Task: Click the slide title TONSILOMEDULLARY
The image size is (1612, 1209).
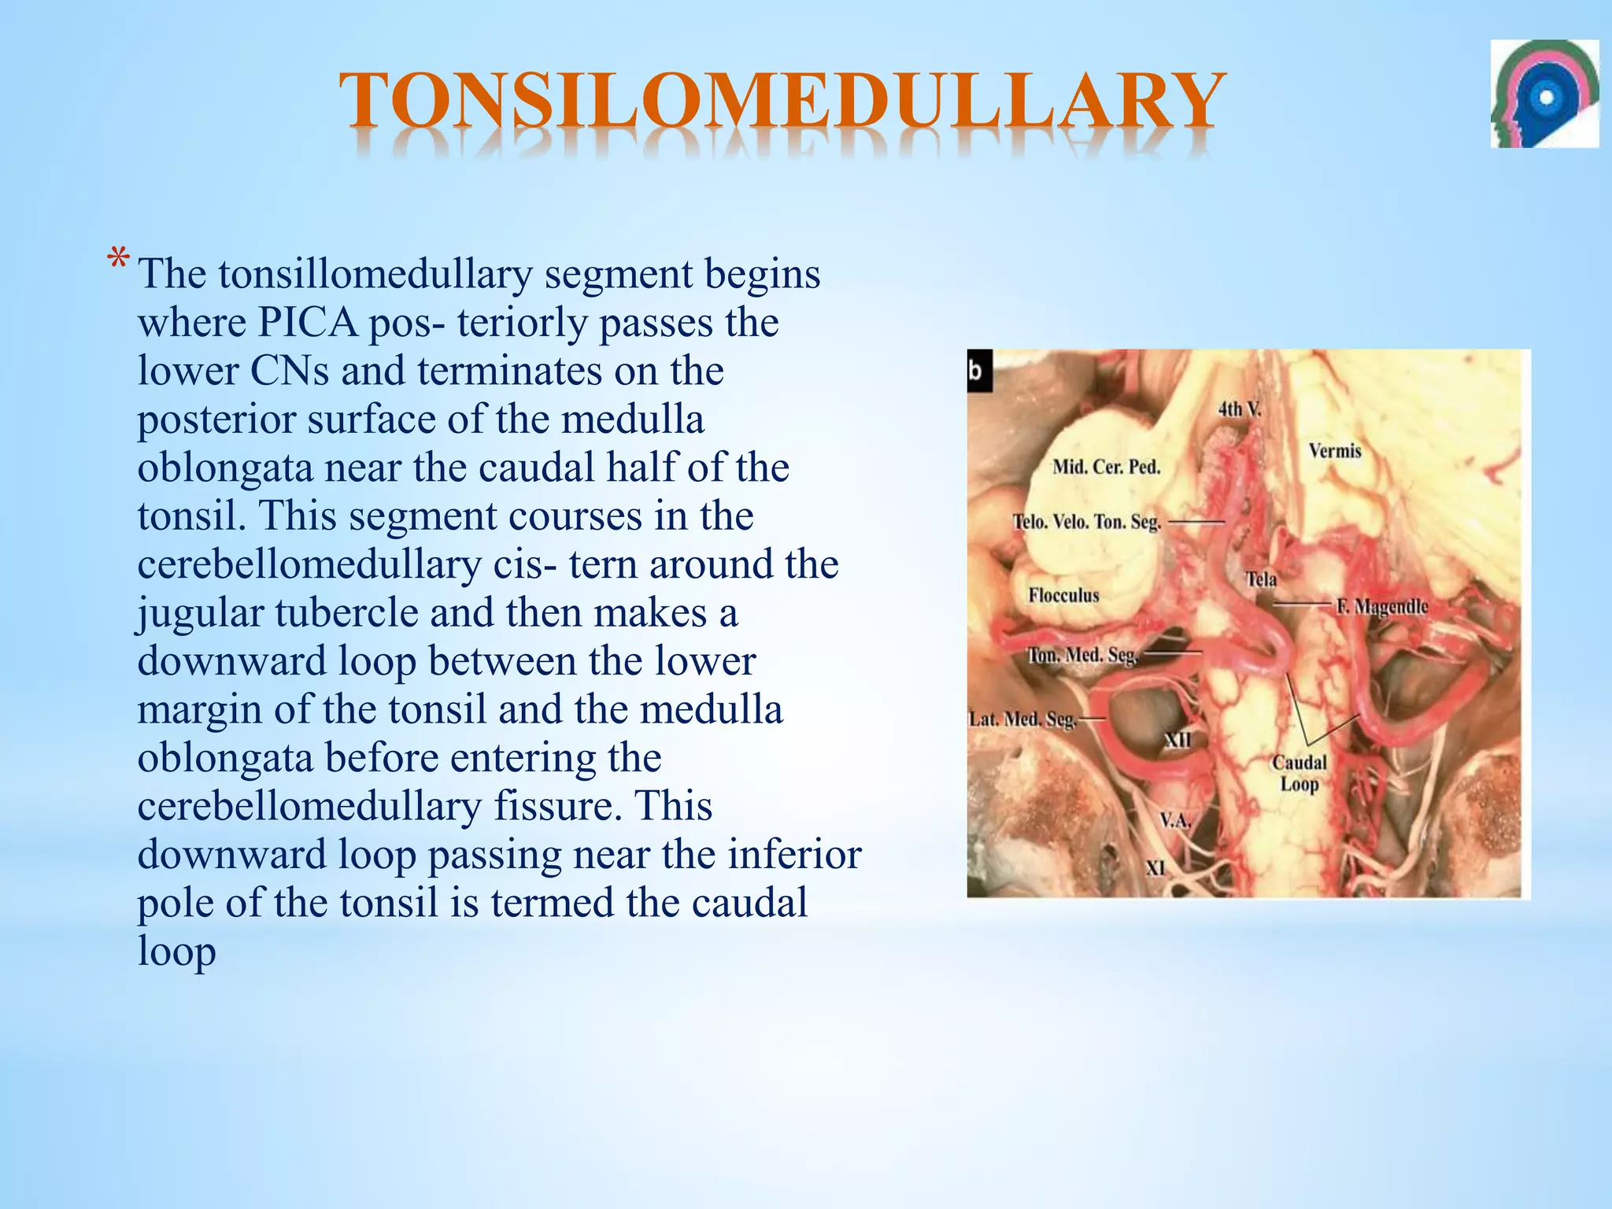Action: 782,101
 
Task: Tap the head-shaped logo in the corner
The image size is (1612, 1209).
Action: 1544,94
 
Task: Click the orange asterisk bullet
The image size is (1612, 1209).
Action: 118,259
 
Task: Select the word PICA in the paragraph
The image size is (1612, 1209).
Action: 307,323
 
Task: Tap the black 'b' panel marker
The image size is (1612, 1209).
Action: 978,370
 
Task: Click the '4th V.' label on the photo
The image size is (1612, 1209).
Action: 1239,409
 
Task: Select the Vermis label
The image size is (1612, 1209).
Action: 1335,451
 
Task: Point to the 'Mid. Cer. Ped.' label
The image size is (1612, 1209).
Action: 1106,467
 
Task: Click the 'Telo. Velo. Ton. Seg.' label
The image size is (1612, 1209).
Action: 1086,522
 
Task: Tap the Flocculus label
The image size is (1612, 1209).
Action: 1063,595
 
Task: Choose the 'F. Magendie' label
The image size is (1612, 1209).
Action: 1381,607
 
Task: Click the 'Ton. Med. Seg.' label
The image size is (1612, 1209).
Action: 1082,655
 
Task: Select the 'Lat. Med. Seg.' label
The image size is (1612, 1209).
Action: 1022,719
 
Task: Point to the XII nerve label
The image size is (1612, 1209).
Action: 1178,740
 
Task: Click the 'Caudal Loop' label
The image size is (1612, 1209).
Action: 1300,773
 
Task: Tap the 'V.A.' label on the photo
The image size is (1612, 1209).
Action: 1176,821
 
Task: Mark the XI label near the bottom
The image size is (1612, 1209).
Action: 1155,868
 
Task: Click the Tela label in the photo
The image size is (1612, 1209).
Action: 1261,579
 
